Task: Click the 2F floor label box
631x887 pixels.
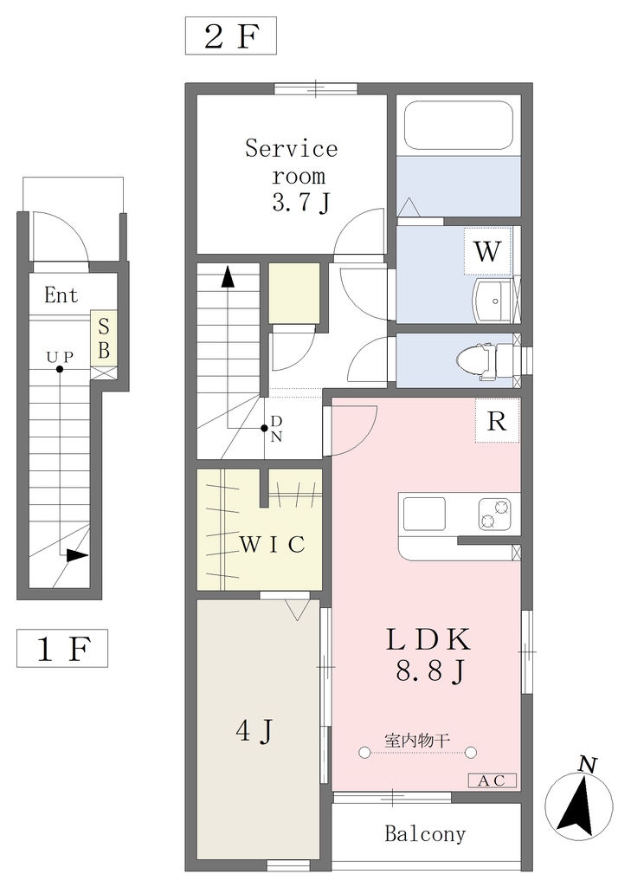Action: click(x=231, y=36)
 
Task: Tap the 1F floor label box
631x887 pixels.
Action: click(x=62, y=648)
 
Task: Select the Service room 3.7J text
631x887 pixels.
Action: click(x=292, y=175)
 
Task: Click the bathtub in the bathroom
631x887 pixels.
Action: click(x=459, y=125)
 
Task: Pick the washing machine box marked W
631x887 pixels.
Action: click(x=487, y=251)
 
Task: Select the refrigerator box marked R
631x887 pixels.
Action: click(x=497, y=421)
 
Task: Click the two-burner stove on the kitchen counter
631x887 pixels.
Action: click(x=495, y=514)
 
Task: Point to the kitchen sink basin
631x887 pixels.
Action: click(x=424, y=514)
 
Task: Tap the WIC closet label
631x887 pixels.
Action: click(x=273, y=544)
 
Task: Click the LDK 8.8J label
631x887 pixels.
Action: click(x=429, y=655)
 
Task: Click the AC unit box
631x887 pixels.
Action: click(x=492, y=780)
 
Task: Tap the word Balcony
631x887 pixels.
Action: click(x=425, y=834)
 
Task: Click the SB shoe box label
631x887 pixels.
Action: click(x=104, y=339)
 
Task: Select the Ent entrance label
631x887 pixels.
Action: click(x=61, y=295)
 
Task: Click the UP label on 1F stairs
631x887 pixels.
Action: click(x=60, y=357)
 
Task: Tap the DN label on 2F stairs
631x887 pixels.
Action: click(x=276, y=428)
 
